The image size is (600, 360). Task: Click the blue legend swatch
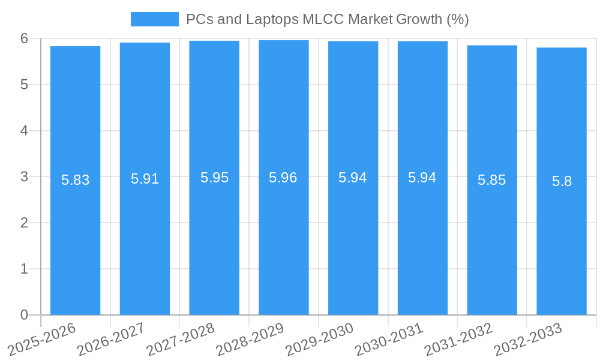[154, 19]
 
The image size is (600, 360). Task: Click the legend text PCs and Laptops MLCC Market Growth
[327, 19]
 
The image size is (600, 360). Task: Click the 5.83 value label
[75, 180]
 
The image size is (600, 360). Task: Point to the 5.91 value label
[145, 179]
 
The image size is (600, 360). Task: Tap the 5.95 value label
[214, 178]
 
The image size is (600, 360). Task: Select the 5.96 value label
[283, 178]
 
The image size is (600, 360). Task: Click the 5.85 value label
[491, 180]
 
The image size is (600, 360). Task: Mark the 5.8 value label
[562, 181]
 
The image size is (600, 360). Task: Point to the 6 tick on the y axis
[24, 38]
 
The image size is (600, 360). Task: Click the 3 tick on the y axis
[24, 177]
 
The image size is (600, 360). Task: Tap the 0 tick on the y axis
[24, 315]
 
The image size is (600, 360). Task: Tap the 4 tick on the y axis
[24, 131]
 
